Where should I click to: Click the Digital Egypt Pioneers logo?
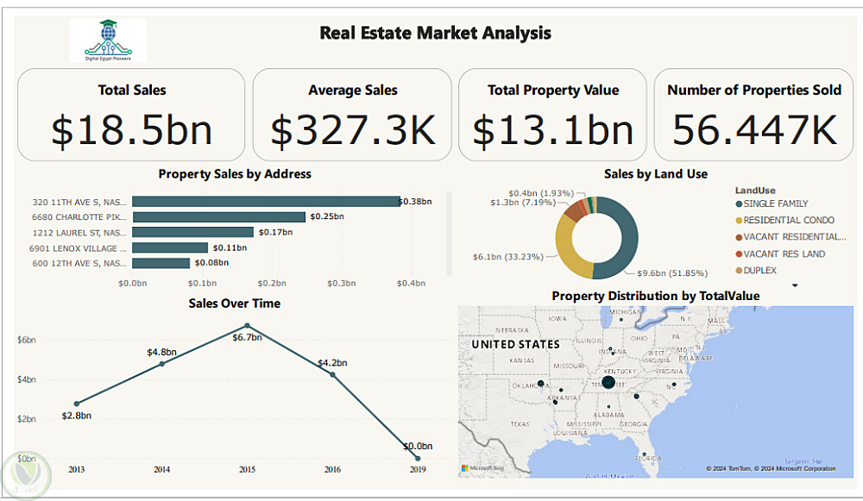coord(108,40)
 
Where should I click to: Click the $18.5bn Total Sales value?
coord(131,130)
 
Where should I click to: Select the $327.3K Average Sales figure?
coord(352,130)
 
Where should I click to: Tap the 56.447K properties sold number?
coord(755,130)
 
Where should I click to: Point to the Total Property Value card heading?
coord(553,90)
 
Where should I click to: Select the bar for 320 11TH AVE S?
coord(266,202)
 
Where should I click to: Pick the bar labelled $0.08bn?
coord(161,263)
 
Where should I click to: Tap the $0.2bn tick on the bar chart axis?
coord(271,283)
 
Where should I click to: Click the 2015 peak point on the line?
coord(248,326)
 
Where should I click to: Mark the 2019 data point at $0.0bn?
coord(418,458)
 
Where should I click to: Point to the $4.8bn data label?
coord(161,352)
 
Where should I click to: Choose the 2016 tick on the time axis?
coord(332,469)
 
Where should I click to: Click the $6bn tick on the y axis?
coord(27,340)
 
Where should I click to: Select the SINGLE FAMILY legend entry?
coord(776,204)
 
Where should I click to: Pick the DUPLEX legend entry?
coord(760,271)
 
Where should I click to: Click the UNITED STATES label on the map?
coord(515,344)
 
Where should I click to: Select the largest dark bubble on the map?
coord(608,382)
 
